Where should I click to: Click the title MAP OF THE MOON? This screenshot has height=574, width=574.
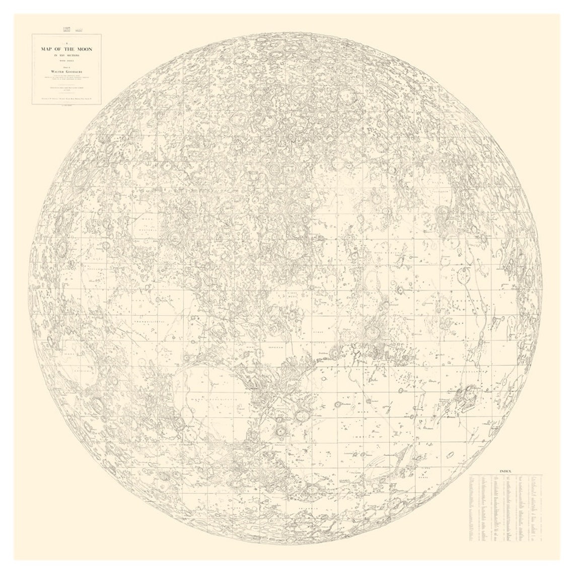pos(66,49)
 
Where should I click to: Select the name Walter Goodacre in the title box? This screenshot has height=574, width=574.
pos(66,72)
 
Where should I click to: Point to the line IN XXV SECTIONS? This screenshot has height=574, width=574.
pos(66,56)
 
